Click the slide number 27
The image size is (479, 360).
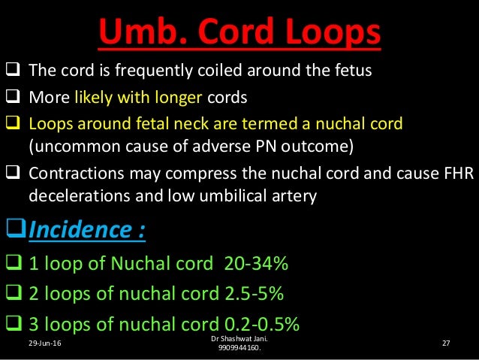[446, 343]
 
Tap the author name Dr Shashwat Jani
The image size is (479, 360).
[238, 340]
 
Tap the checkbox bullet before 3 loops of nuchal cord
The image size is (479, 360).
[14, 325]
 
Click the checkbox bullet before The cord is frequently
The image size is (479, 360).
[14, 73]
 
